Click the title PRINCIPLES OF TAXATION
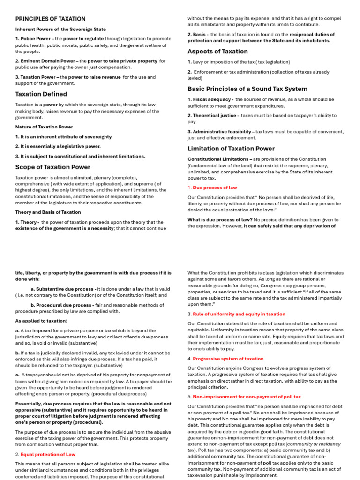[50, 19]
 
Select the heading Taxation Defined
[41, 94]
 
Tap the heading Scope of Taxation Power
[53, 167]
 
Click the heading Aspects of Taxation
[217, 52]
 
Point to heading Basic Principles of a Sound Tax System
[247, 89]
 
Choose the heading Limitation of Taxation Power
[231, 149]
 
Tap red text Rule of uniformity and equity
[239, 314]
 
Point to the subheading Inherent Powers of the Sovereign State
[60, 29]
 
